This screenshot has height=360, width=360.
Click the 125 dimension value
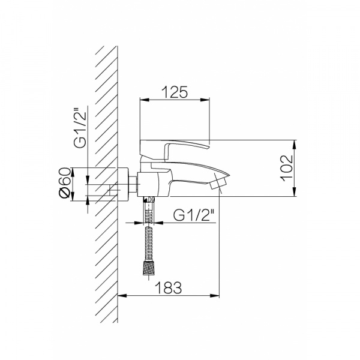(175, 92)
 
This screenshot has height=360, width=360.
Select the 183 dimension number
(168, 287)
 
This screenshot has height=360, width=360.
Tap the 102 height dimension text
(287, 168)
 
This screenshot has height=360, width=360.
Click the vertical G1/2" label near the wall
(80, 127)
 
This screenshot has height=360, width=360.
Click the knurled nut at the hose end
(149, 268)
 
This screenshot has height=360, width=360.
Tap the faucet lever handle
(175, 148)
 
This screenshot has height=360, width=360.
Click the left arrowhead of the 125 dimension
(145, 100)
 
